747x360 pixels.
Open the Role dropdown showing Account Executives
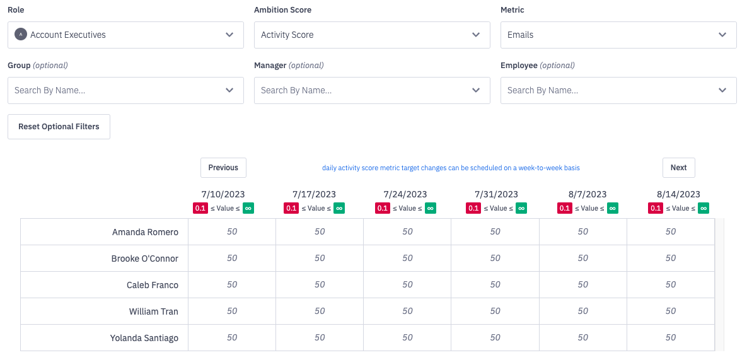(125, 35)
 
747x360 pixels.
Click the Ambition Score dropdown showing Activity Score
(372, 35)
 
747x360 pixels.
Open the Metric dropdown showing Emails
(618, 35)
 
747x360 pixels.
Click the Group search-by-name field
(125, 90)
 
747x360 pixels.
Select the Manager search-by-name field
(372, 90)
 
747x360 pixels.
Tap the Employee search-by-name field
(618, 90)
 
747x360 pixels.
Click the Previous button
(223, 168)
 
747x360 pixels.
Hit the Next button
(678, 168)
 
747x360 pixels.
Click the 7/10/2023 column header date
(223, 194)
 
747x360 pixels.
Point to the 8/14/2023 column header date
(678, 194)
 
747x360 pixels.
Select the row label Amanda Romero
(145, 232)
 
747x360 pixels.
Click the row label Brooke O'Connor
(144, 258)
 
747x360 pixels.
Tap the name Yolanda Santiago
(144, 338)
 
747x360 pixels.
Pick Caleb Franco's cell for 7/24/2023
(407, 284)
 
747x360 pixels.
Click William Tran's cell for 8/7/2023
(583, 311)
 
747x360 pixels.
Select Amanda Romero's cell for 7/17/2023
(320, 231)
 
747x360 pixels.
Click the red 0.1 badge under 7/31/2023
(473, 208)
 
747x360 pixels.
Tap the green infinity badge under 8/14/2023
(704, 208)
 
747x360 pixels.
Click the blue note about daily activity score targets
(451, 168)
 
